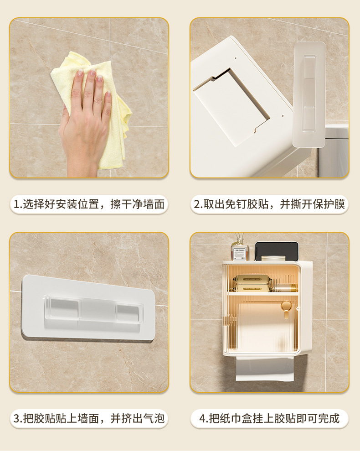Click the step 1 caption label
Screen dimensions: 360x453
[x=89, y=204]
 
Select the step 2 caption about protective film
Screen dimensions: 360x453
[x=269, y=204]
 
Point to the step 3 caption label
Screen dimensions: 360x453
[x=89, y=418]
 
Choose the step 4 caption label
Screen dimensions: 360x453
[x=269, y=418]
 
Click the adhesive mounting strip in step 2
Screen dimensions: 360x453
[x=309, y=94]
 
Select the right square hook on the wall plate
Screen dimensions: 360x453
[x=129, y=312]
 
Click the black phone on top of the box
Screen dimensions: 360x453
[x=277, y=251]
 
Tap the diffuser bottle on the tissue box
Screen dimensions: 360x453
[x=239, y=249]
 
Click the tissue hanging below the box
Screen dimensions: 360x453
[x=265, y=368]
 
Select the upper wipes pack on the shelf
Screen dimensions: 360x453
[x=249, y=279]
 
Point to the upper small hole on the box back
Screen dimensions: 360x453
[x=236, y=57]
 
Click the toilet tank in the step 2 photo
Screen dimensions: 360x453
[x=334, y=150]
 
